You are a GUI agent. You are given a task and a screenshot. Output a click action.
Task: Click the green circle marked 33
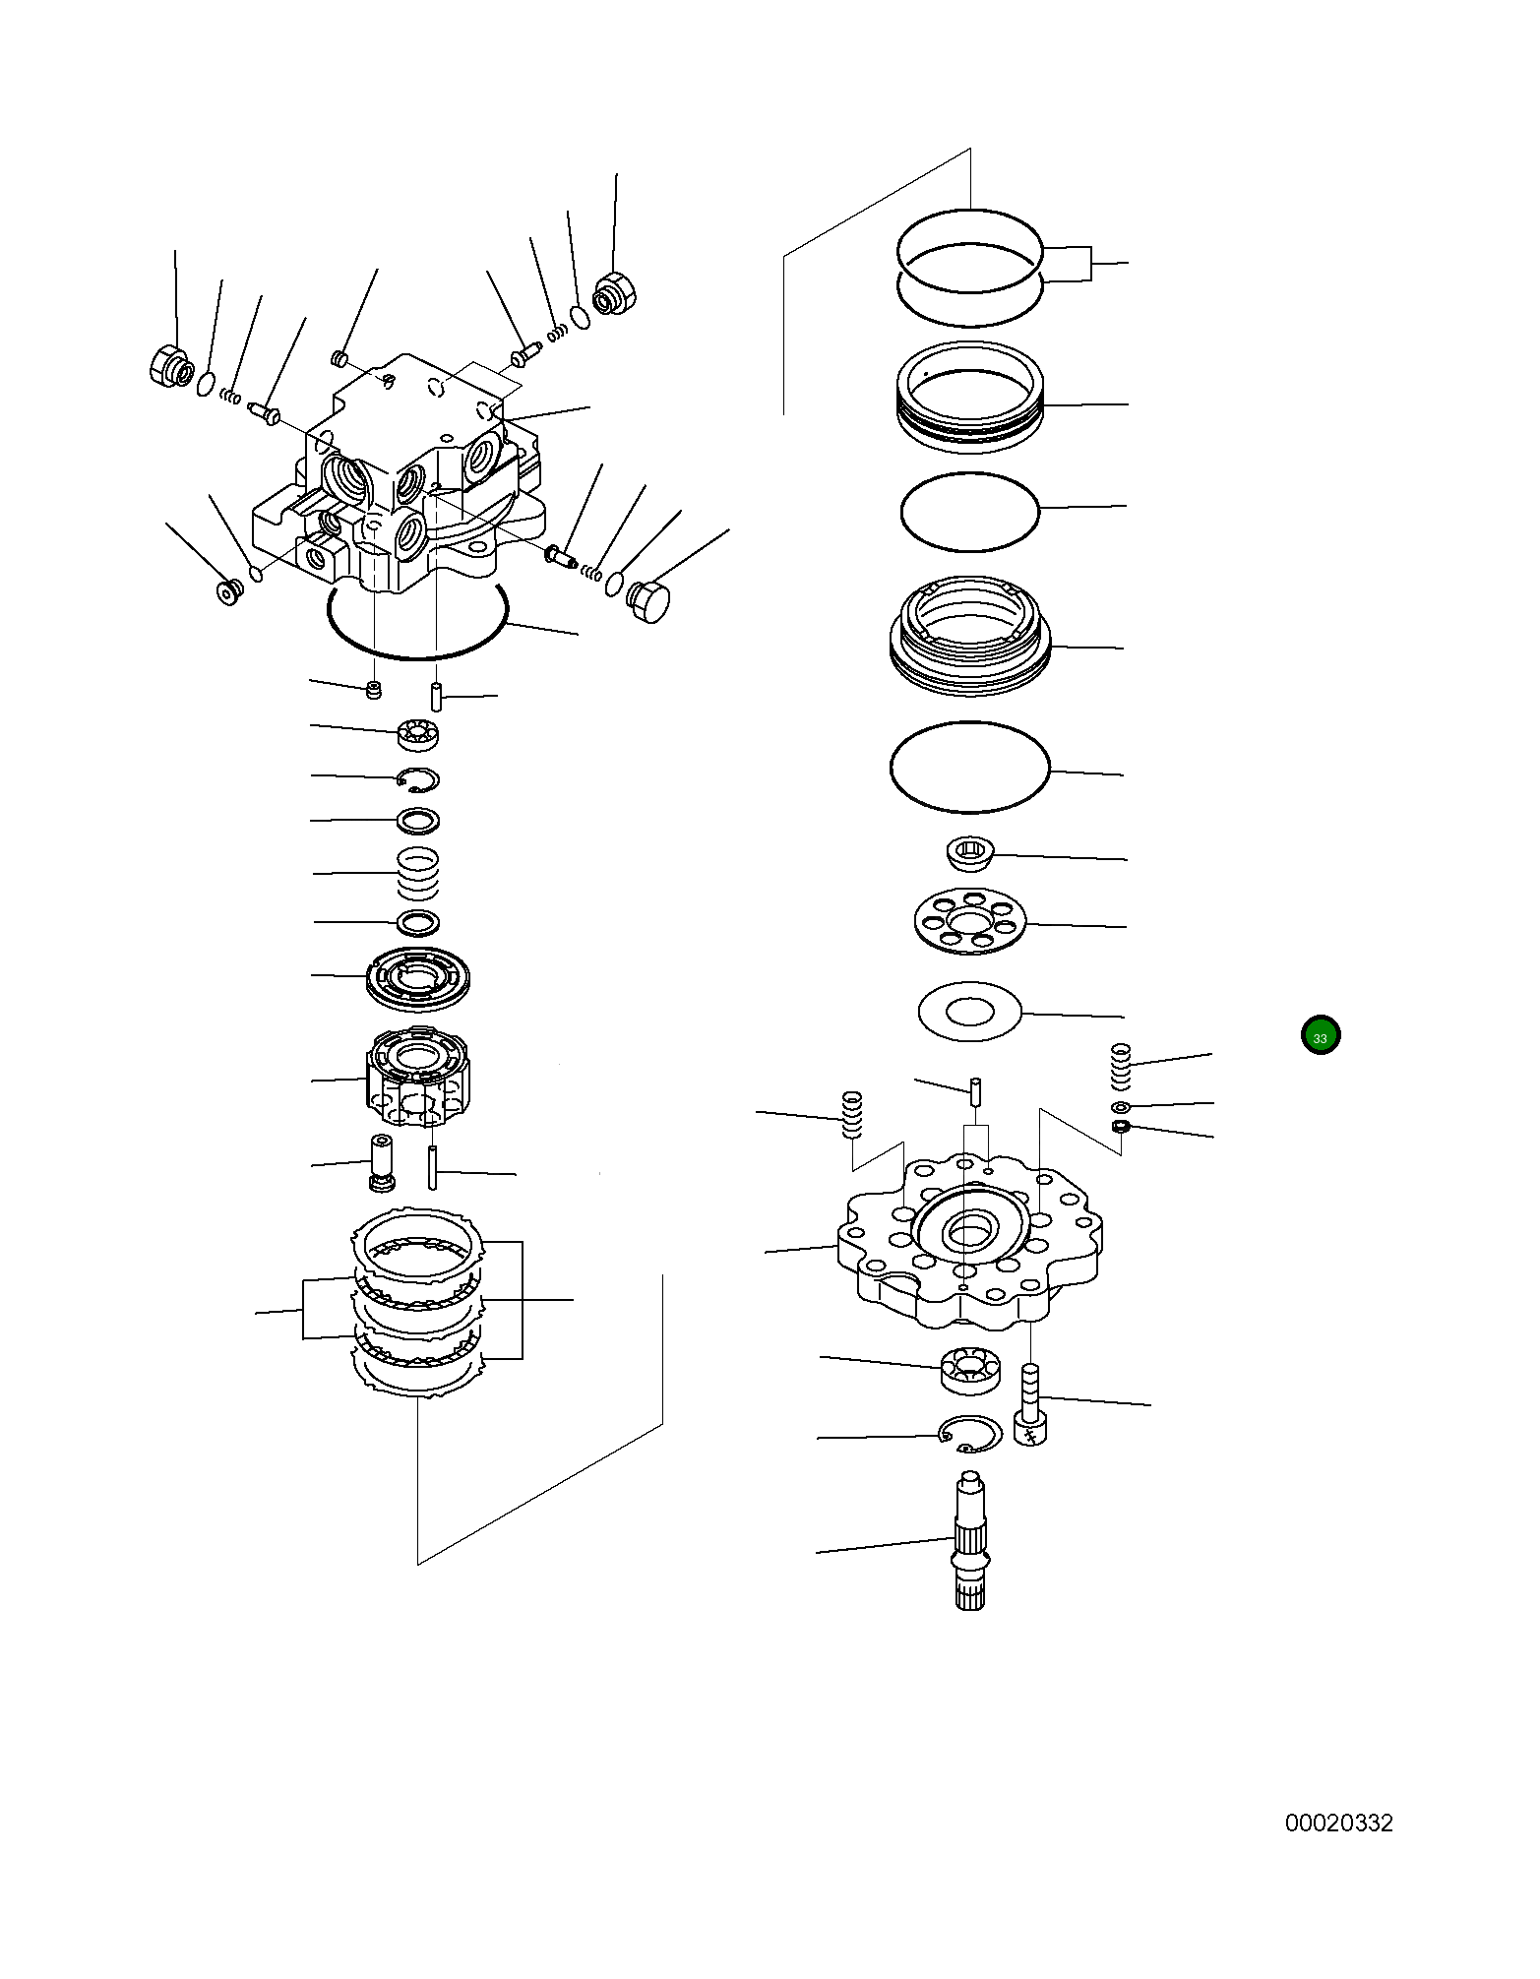pyautogui.click(x=1320, y=1036)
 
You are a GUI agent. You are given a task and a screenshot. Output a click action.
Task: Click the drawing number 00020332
pyautogui.click(x=1338, y=1823)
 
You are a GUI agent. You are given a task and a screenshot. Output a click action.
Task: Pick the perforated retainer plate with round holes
pyautogui.click(x=969, y=922)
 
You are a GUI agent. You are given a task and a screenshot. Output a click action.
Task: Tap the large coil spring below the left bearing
pyautogui.click(x=418, y=873)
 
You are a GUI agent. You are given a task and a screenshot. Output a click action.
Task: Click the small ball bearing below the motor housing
pyautogui.click(x=418, y=733)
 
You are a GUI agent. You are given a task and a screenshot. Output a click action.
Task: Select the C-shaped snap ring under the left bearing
pyautogui.click(x=418, y=779)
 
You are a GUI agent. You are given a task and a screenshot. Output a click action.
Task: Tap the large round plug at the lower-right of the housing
pyautogui.click(x=647, y=601)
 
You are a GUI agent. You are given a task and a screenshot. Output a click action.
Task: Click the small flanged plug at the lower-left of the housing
pyautogui.click(x=229, y=592)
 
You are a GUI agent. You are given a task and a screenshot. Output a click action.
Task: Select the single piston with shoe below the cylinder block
pyautogui.click(x=381, y=1162)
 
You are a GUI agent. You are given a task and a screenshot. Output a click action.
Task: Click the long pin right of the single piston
pyautogui.click(x=432, y=1167)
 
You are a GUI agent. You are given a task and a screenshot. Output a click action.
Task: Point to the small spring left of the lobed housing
pyautogui.click(x=852, y=1115)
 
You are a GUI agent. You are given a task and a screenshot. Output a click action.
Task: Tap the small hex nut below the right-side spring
pyautogui.click(x=1120, y=1125)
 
